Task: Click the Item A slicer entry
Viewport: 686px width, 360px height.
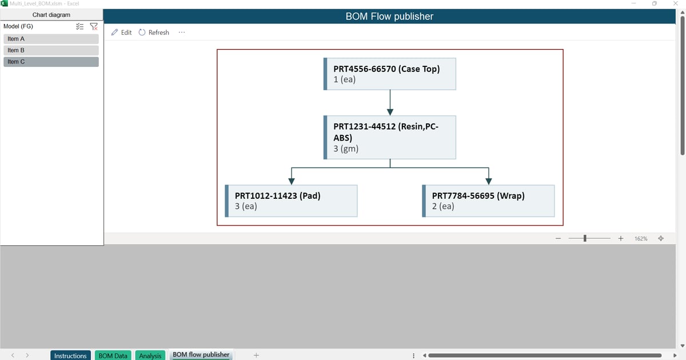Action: (51, 39)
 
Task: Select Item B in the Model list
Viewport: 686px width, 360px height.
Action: (51, 50)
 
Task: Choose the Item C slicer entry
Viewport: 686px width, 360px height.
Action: (51, 62)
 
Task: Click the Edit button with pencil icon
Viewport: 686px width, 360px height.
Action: (121, 33)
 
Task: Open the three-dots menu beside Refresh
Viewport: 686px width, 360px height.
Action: (181, 33)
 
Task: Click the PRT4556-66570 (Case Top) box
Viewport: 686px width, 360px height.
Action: (390, 74)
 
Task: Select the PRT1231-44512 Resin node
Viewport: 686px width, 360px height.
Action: (390, 137)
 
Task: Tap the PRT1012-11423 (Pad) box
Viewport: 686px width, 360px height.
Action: (292, 201)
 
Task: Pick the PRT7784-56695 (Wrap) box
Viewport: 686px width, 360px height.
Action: (488, 201)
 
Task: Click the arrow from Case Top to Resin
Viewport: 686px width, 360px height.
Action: (390, 102)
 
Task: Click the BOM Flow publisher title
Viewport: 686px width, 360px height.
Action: (389, 17)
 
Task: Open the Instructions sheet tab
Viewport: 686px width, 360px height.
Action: (70, 355)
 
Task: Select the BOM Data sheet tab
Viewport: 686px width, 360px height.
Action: (113, 355)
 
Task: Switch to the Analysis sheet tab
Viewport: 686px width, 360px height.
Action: (150, 355)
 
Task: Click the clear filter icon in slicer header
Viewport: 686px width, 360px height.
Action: (94, 26)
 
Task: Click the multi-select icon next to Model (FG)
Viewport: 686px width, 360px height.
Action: (80, 26)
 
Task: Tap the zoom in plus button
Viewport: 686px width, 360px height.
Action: (620, 238)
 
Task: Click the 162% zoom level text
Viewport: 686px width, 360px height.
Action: (641, 238)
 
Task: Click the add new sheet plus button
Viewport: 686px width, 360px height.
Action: (256, 355)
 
